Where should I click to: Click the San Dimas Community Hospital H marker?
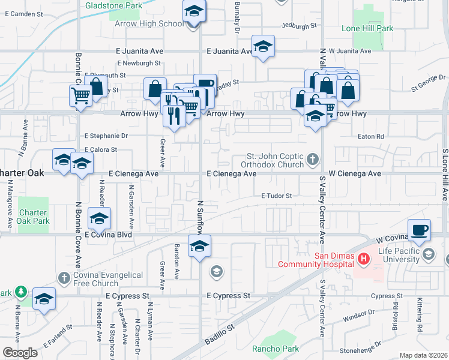[x=363, y=259]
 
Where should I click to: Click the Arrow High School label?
[x=155, y=24]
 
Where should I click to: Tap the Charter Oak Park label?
[x=34, y=217]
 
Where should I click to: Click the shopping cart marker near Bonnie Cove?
[x=81, y=95]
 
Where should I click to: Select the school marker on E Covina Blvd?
[x=99, y=219]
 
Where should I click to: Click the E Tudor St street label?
[x=276, y=196]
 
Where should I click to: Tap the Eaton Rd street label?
[x=372, y=137]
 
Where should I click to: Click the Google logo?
[x=20, y=352]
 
